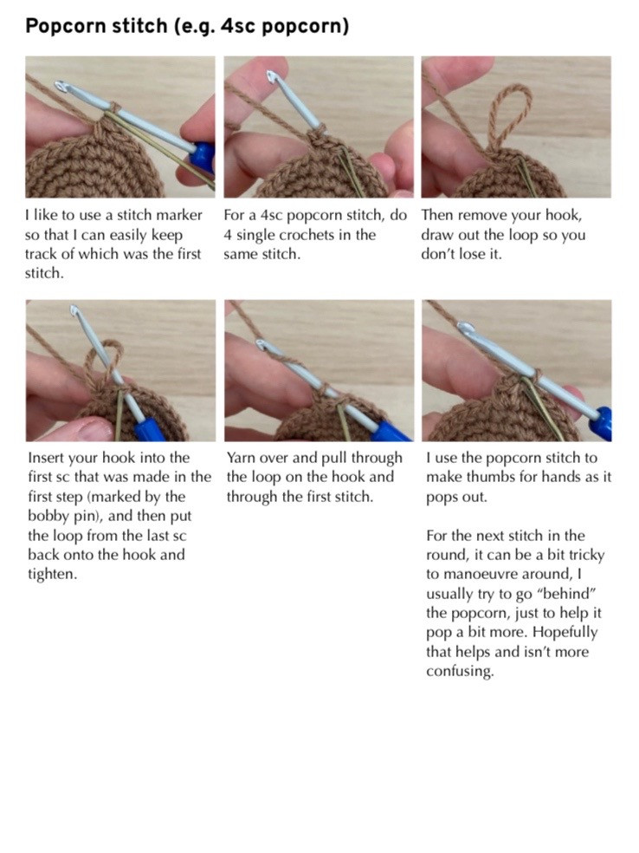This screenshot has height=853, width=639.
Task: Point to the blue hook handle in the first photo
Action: pyautogui.click(x=203, y=158)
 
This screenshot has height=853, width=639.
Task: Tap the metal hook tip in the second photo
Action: pyautogui.click(x=276, y=80)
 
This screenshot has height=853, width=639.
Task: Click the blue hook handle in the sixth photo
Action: pyautogui.click(x=603, y=421)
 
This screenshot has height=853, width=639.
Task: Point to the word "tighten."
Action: pyautogui.click(x=52, y=574)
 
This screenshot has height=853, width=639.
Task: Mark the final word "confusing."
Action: pyautogui.click(x=459, y=671)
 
